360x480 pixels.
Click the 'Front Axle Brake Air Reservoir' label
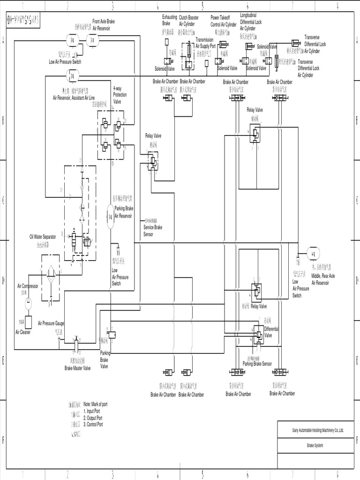(104, 25)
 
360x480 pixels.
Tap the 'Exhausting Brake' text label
(169, 20)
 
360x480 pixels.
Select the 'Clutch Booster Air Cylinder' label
(189, 20)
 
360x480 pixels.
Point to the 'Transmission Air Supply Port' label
(206, 43)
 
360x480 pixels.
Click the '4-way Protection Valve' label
(120, 94)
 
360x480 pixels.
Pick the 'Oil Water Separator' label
(43, 237)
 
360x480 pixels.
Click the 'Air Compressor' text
(28, 286)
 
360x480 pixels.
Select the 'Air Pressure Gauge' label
(51, 323)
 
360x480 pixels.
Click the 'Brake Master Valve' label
(77, 368)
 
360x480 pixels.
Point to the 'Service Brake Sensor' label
(153, 230)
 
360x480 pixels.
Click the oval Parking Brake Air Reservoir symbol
(111, 217)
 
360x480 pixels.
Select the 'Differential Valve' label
(271, 332)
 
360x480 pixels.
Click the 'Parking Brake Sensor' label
(257, 364)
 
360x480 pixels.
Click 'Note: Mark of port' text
(95, 404)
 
